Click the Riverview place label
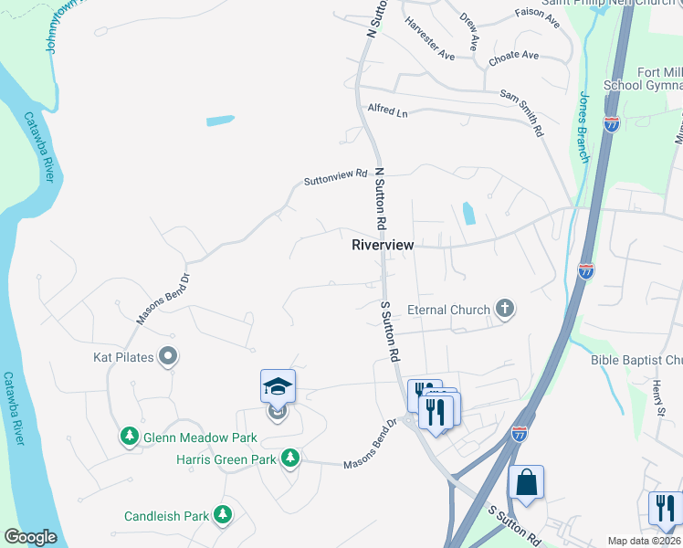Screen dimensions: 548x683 pyautogui.click(x=383, y=245)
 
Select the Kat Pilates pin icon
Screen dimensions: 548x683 pyautogui.click(x=167, y=357)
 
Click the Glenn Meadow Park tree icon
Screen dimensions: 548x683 pyautogui.click(x=129, y=437)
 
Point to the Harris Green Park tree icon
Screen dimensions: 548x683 pyautogui.click(x=290, y=458)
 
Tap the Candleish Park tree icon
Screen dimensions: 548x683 pyautogui.click(x=222, y=516)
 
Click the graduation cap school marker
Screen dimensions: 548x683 pyautogui.click(x=278, y=387)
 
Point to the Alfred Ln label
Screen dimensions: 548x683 pyautogui.click(x=387, y=111)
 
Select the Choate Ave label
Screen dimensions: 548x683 pyautogui.click(x=513, y=57)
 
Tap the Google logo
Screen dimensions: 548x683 pyautogui.click(x=30, y=537)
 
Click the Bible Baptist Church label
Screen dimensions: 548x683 pyautogui.click(x=636, y=360)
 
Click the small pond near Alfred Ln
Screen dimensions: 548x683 pyautogui.click(x=220, y=120)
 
